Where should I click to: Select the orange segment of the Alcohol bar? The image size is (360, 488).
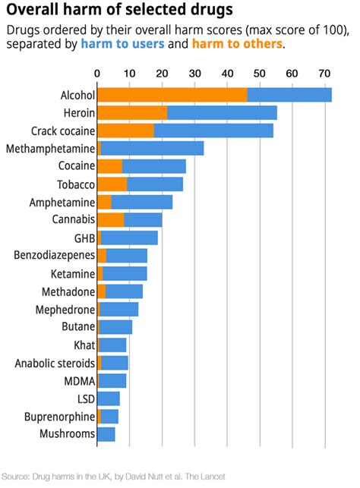[172, 95]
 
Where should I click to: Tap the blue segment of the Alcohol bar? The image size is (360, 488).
[289, 95]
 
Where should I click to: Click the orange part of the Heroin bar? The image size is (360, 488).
[132, 112]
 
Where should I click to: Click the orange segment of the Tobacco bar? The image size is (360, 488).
[112, 184]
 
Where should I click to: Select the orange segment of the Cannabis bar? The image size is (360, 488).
[111, 220]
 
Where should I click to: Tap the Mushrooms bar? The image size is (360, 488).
[106, 434]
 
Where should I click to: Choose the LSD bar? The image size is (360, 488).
[109, 398]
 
